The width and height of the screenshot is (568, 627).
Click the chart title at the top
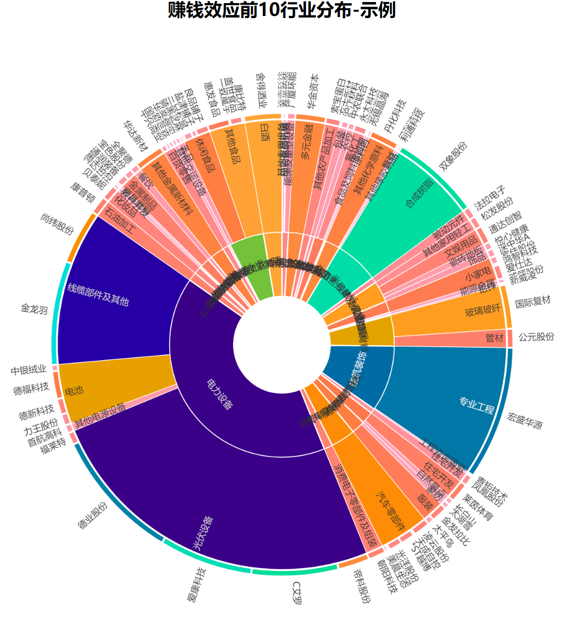point(282,10)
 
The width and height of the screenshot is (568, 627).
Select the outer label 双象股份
point(453,157)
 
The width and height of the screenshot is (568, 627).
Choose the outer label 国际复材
point(532,301)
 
